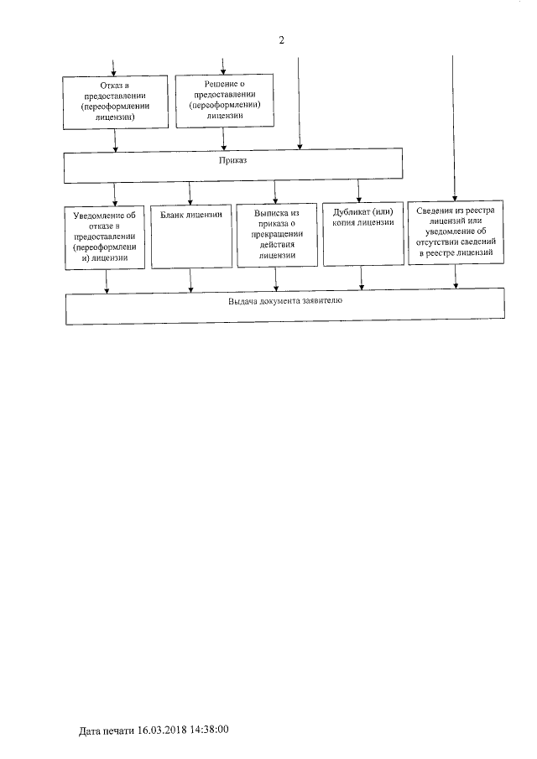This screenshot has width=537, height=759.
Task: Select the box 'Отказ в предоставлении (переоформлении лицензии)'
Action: (x=115, y=103)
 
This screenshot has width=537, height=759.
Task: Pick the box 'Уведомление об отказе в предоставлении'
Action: (x=106, y=238)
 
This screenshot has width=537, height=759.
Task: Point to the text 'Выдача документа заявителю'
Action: (x=284, y=299)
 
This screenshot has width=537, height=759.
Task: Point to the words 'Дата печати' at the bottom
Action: (x=107, y=730)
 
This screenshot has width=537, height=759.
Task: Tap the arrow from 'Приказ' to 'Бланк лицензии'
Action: (x=190, y=194)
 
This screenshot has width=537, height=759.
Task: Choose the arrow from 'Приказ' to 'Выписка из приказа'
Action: (x=276, y=194)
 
